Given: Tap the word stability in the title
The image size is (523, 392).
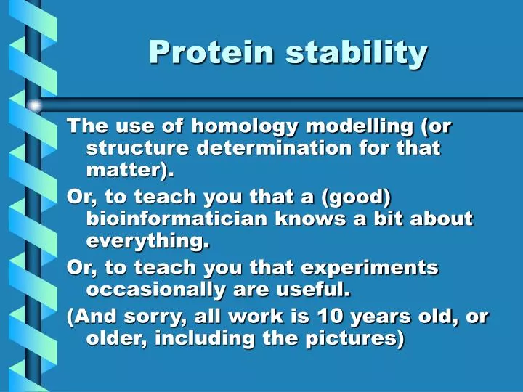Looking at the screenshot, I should click(356, 52).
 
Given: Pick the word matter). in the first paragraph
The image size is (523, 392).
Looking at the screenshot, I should click(131, 171).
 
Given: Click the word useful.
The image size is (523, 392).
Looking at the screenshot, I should click(317, 290).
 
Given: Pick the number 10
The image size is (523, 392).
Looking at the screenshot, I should click(331, 317).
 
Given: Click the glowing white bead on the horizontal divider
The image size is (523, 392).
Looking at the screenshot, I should click(34, 106).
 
